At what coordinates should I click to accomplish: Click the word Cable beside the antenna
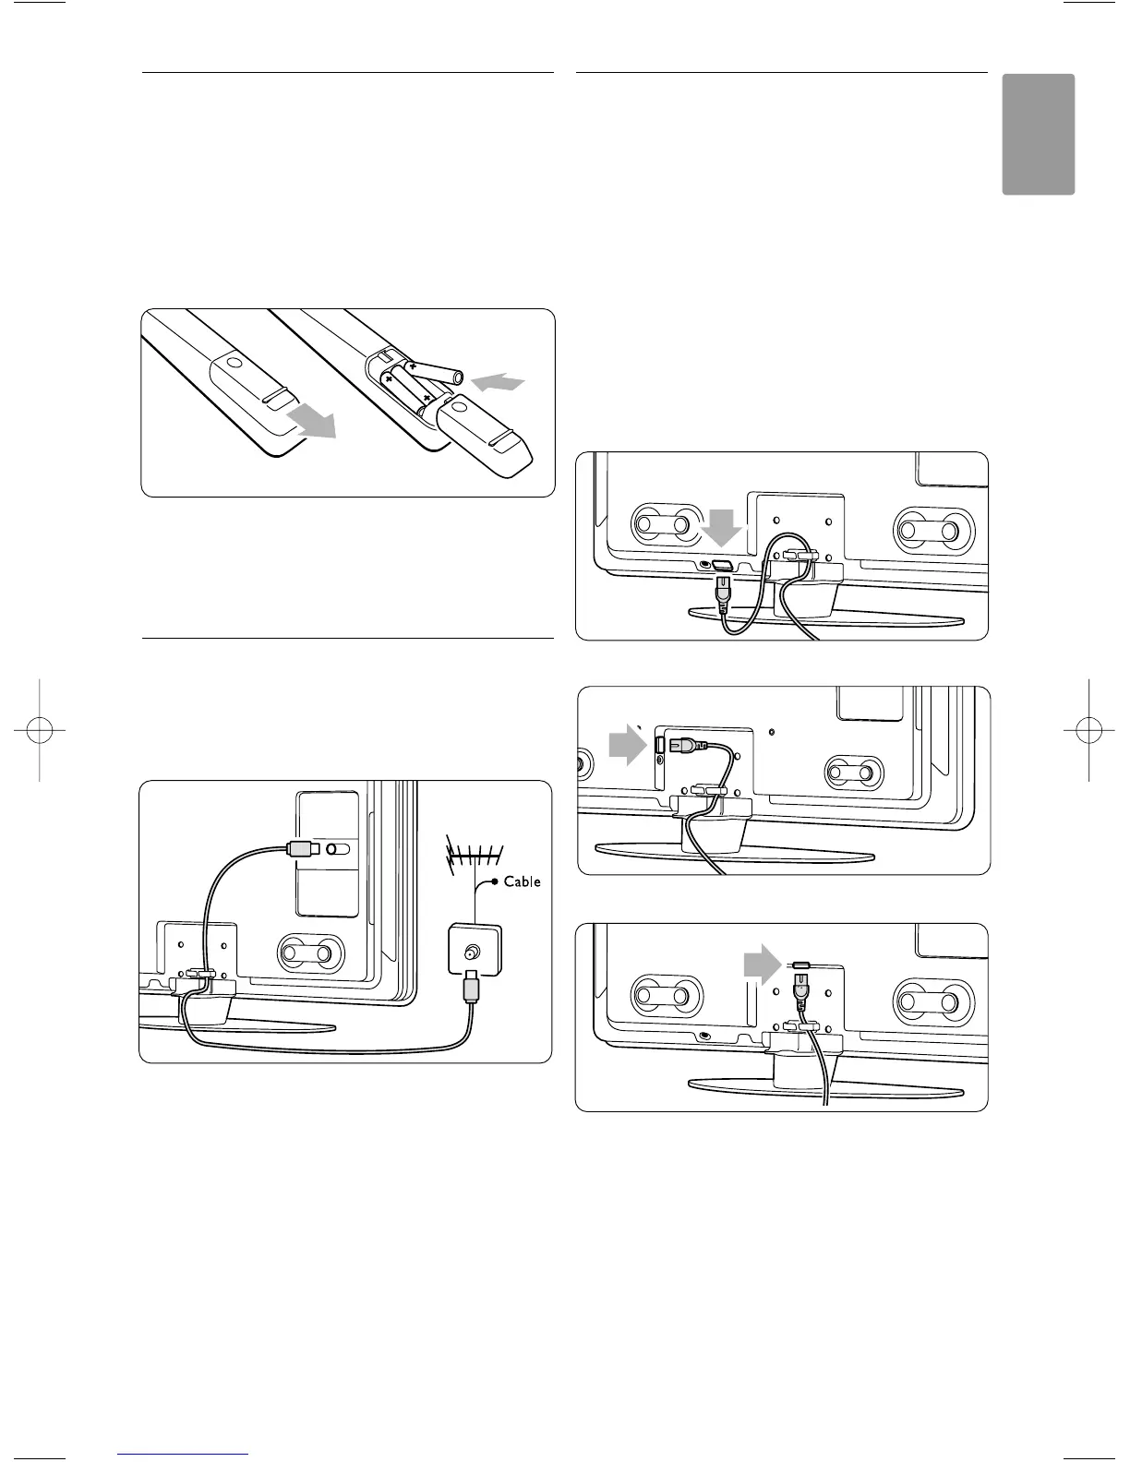(x=522, y=881)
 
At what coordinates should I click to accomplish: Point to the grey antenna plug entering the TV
(x=301, y=848)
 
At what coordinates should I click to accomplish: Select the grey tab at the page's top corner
(x=1039, y=134)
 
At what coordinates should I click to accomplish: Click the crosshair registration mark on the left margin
(x=41, y=729)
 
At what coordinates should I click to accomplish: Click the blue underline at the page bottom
(x=184, y=1454)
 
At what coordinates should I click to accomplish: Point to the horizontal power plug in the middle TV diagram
(x=688, y=743)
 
